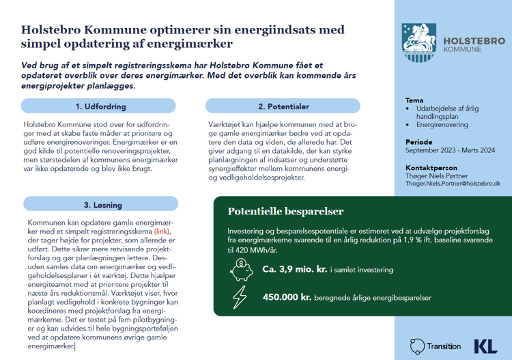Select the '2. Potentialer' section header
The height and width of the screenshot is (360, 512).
[x=283, y=107]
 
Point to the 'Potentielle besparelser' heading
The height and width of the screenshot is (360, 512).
[x=285, y=212]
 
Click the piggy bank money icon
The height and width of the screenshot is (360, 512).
[x=242, y=269]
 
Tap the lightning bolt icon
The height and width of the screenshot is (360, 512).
[x=241, y=297]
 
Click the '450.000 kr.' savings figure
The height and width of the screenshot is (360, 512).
[x=287, y=298]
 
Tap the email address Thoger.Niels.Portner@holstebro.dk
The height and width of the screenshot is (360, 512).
[x=453, y=184]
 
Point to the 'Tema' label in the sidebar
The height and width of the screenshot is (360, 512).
[x=414, y=100]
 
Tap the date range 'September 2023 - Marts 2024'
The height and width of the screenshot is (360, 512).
[x=450, y=150]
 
